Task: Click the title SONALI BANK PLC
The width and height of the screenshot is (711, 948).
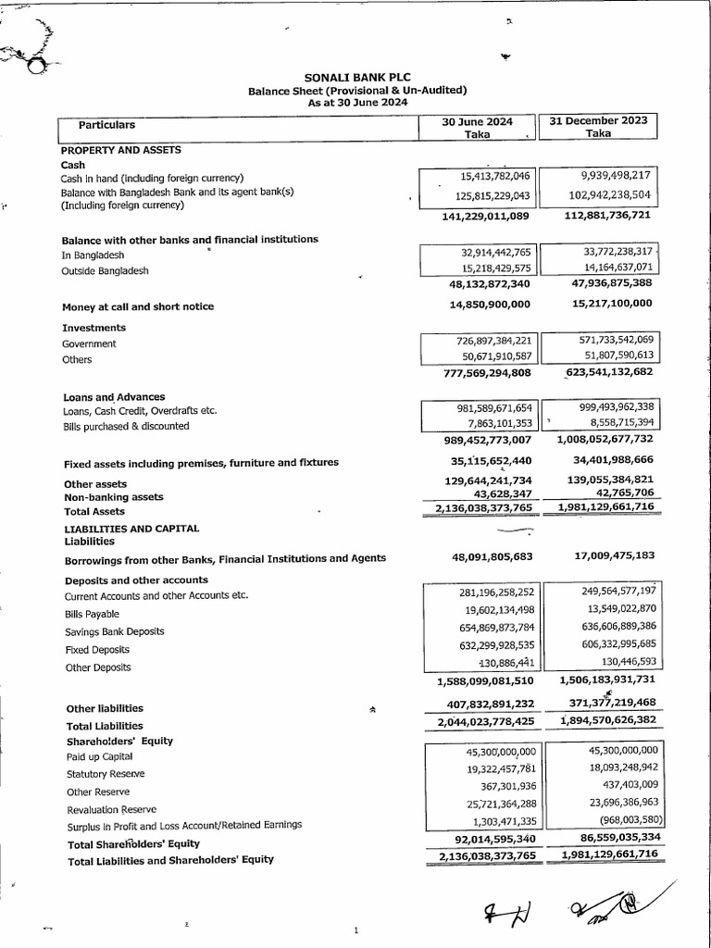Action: (356, 78)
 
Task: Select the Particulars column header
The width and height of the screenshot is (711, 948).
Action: (106, 125)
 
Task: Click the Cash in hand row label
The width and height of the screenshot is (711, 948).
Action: (152, 178)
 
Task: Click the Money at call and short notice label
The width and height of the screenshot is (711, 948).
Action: (138, 306)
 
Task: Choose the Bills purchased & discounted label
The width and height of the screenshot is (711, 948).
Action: (125, 426)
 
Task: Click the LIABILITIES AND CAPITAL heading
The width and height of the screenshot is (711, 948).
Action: (131, 529)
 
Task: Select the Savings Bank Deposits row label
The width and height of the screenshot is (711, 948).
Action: (115, 631)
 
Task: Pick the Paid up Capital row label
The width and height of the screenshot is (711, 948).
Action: (100, 756)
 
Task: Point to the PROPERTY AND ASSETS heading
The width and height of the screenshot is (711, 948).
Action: (120, 149)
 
